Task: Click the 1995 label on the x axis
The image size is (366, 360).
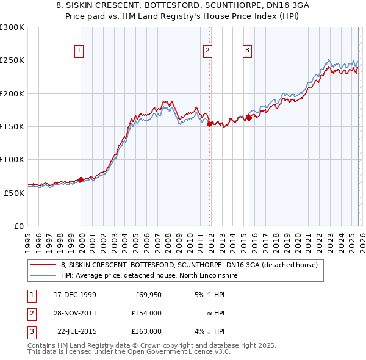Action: (27, 238)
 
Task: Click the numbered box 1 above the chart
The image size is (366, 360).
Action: (80, 51)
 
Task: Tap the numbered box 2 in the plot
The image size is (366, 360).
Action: (208, 51)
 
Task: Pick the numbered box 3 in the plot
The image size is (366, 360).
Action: (248, 51)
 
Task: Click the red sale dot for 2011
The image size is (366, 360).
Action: (209, 124)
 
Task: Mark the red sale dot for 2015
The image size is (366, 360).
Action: (249, 118)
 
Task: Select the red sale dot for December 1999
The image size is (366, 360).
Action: (81, 179)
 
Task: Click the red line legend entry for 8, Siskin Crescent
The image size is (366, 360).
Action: (189, 265)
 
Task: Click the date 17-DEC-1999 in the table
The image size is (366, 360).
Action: (75, 295)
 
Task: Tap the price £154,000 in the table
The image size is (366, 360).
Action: (146, 313)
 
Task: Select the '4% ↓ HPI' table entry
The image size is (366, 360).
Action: (210, 331)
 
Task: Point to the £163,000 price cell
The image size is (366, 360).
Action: (146, 331)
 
